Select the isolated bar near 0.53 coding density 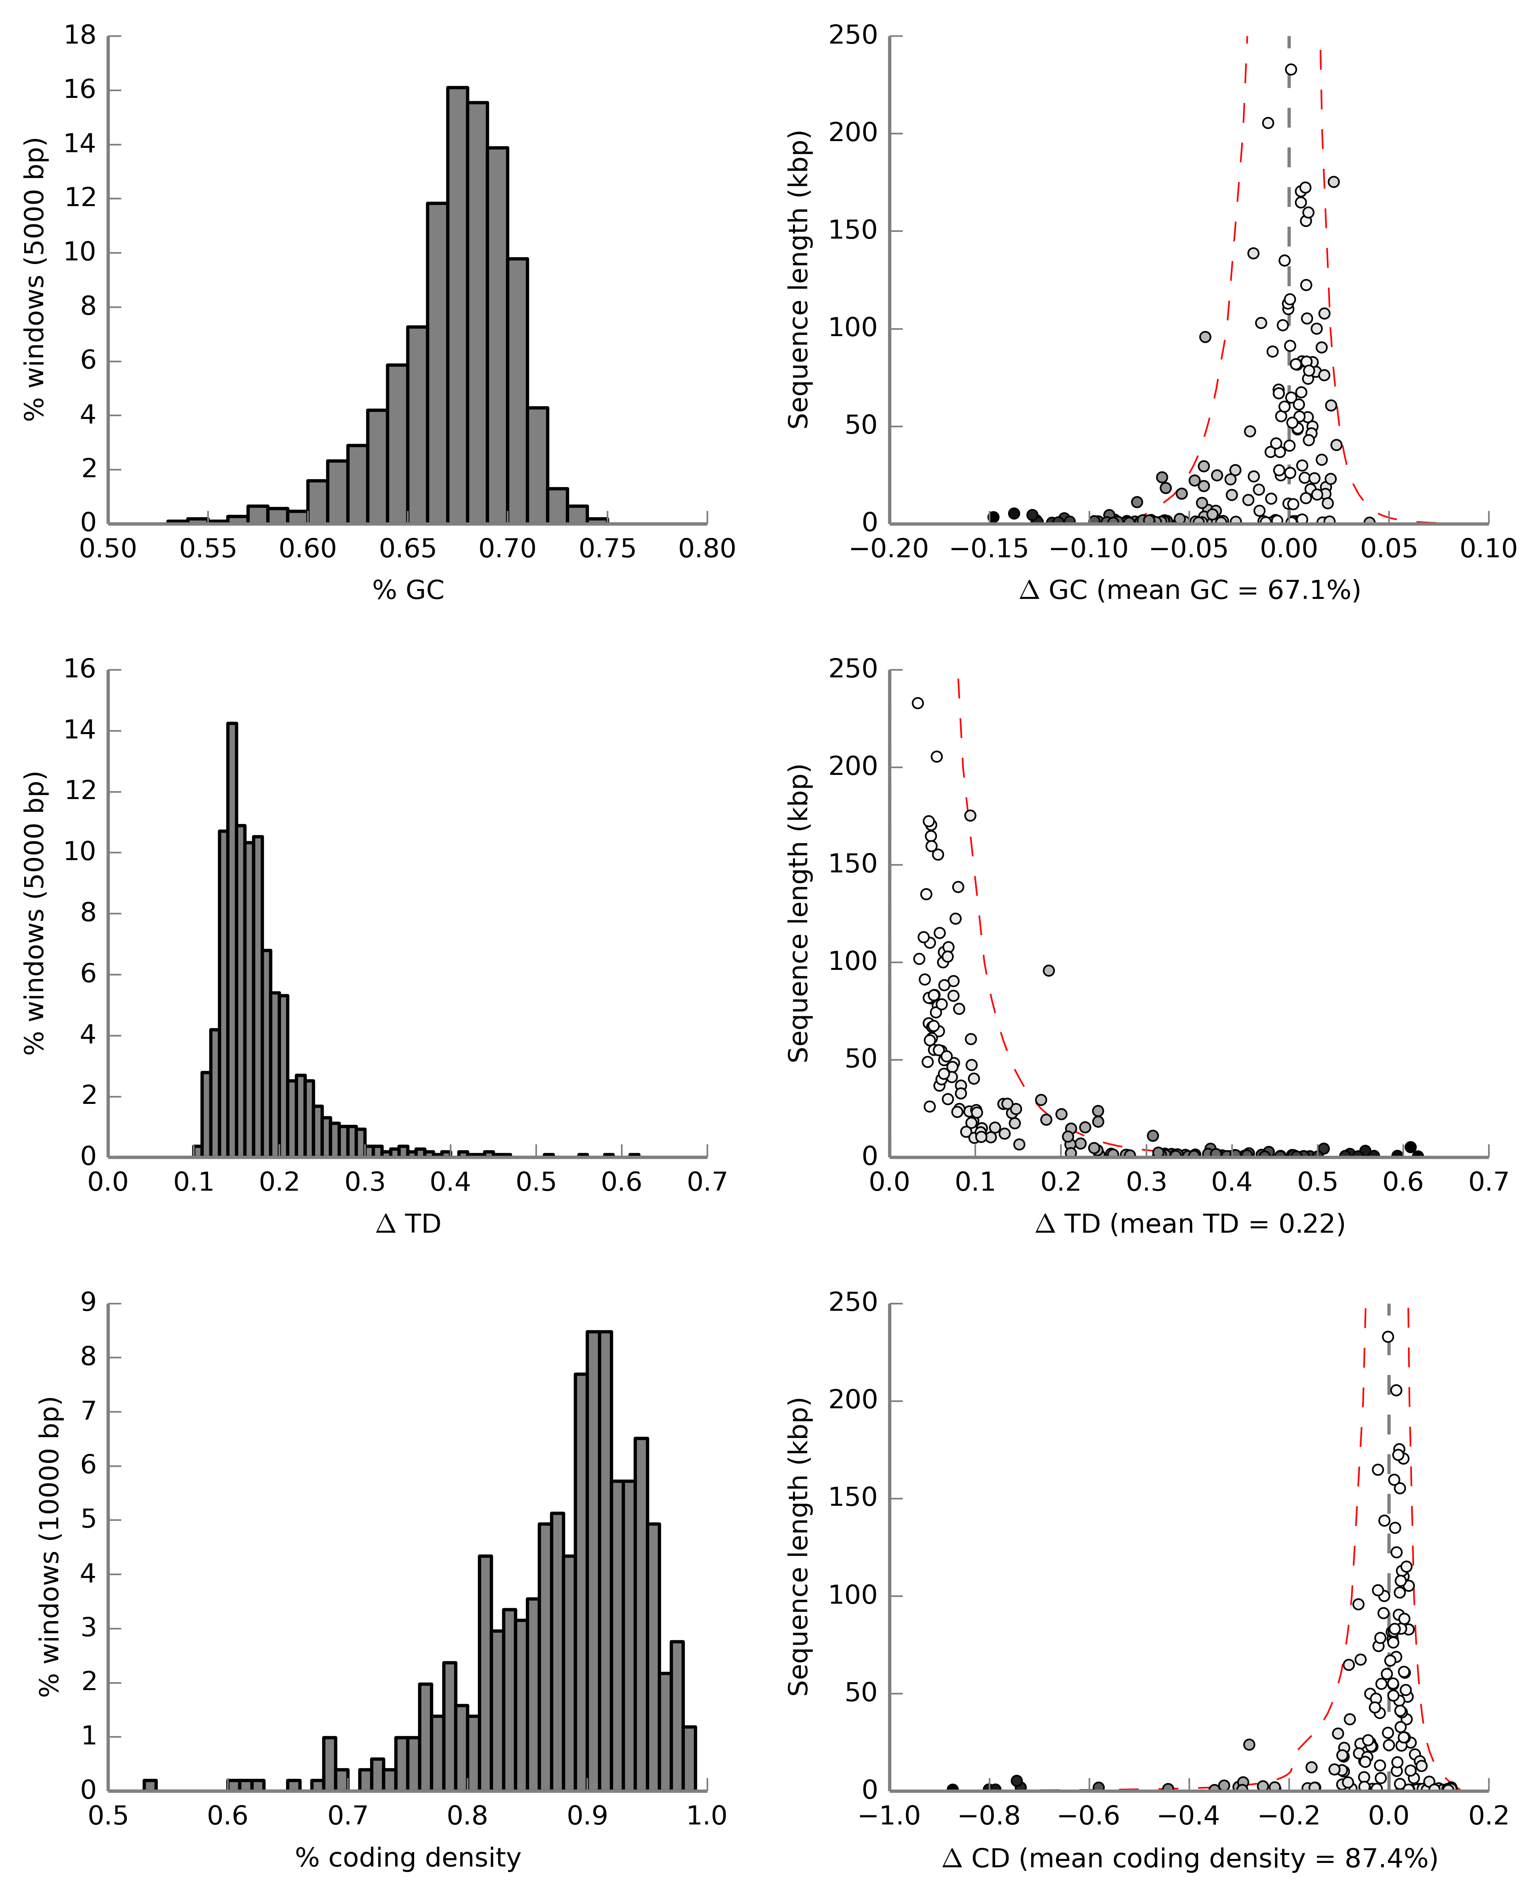click(150, 1785)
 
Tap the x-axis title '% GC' click(408, 590)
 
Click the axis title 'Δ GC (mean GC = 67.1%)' click(1190, 590)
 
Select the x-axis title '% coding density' click(408, 1857)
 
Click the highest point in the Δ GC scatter click(1291, 69)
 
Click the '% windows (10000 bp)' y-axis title click(51, 1547)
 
